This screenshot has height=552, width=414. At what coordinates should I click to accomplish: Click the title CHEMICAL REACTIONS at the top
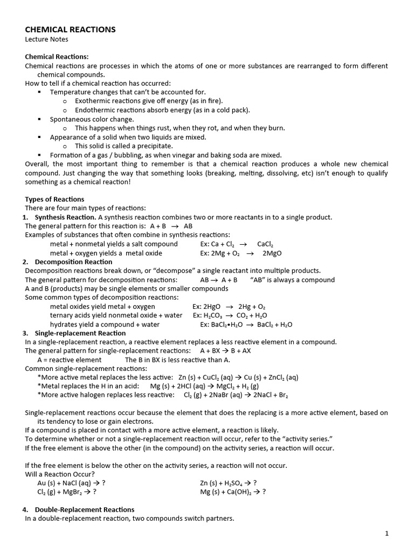coord(70,30)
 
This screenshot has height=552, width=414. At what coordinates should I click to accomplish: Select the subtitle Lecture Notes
coord(46,39)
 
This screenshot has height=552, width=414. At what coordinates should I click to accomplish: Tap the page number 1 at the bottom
coord(387,534)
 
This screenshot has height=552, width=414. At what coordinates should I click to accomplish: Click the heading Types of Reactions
coord(54,199)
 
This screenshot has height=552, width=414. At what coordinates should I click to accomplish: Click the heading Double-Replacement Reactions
coord(84,509)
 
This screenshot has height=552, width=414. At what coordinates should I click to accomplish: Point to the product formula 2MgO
coord(272,253)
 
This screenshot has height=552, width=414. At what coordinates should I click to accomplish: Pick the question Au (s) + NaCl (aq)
coord(68,482)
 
